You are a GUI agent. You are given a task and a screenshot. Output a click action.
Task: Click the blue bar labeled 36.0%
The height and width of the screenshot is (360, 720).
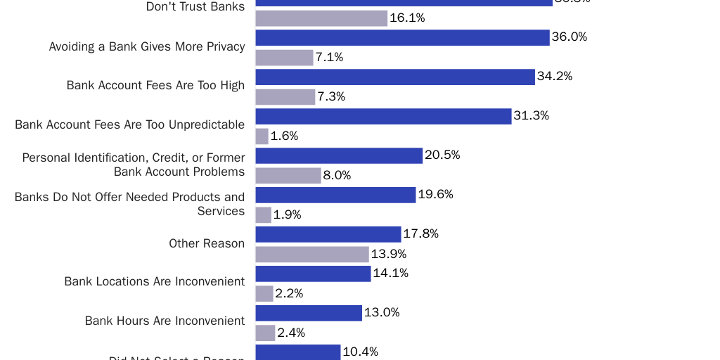click(402, 37)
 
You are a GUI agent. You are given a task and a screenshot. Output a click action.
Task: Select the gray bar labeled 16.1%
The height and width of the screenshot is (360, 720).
click(321, 18)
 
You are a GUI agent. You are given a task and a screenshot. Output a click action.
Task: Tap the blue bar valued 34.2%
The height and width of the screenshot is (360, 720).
click(395, 77)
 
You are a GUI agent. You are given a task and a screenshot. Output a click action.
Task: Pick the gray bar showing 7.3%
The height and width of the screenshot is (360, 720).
click(285, 97)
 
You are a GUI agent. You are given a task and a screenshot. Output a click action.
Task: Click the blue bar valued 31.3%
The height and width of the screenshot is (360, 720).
click(383, 116)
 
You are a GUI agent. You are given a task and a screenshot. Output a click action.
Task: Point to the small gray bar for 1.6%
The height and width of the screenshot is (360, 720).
click(262, 136)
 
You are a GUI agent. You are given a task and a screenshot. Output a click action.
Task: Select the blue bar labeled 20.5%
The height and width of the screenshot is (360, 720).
click(339, 155)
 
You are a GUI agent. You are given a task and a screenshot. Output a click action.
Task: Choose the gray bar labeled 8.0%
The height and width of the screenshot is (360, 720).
click(288, 176)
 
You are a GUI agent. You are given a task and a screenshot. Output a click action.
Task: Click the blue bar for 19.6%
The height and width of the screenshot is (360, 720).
click(335, 195)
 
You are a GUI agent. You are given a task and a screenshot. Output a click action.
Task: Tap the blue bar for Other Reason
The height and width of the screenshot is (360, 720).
click(328, 234)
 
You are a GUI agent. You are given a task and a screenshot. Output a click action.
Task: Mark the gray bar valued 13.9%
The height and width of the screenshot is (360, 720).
click(312, 255)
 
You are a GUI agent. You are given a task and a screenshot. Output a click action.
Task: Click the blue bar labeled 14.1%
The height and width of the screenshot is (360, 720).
click(313, 274)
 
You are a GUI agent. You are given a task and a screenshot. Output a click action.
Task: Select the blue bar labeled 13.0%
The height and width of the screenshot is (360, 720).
click(309, 313)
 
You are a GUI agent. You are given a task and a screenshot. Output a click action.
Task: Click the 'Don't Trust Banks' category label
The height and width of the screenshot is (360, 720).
click(195, 7)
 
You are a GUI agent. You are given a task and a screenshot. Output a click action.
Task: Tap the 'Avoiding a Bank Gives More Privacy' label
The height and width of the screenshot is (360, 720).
click(147, 46)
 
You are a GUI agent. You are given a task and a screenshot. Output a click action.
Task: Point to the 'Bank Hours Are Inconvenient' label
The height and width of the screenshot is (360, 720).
click(165, 321)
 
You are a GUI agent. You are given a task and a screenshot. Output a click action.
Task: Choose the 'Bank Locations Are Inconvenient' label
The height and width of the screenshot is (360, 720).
click(155, 281)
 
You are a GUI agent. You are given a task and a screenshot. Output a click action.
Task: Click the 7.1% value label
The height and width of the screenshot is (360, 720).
click(329, 58)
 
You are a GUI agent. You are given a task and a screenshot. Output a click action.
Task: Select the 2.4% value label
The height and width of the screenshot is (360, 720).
click(291, 333)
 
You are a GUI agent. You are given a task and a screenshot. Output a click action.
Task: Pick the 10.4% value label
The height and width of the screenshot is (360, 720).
click(360, 352)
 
